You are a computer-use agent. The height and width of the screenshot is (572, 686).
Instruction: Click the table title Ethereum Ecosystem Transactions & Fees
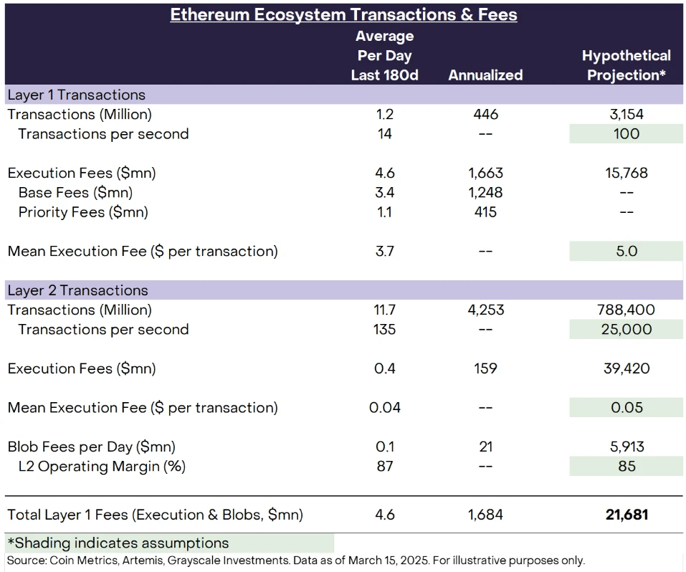click(x=343, y=14)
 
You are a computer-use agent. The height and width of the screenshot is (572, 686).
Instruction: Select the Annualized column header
click(x=485, y=75)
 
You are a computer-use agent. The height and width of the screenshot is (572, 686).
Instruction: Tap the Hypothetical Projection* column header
click(x=626, y=65)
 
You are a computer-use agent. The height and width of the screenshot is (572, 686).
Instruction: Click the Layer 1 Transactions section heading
click(x=77, y=95)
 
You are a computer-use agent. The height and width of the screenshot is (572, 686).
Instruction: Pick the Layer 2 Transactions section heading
click(x=78, y=290)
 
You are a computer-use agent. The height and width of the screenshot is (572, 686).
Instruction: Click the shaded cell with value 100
click(x=627, y=134)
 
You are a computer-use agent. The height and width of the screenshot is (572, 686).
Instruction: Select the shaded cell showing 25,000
click(x=627, y=330)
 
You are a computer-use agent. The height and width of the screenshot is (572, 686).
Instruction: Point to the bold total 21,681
click(x=627, y=515)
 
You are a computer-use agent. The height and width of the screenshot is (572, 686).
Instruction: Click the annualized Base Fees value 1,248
click(x=485, y=192)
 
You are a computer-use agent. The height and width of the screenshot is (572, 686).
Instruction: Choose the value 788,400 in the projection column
click(x=627, y=310)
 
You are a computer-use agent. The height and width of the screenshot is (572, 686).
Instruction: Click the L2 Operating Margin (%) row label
click(x=102, y=467)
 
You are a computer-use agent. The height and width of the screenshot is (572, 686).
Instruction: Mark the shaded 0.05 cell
click(x=627, y=408)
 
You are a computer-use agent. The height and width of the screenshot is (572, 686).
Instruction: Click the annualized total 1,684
click(x=485, y=515)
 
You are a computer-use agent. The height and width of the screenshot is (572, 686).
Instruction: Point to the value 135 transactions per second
click(x=384, y=330)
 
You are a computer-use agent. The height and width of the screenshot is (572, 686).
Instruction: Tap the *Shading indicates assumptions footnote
click(x=118, y=543)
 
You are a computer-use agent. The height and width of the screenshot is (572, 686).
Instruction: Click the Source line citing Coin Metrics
click(x=295, y=560)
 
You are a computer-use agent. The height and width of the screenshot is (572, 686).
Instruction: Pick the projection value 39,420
click(x=627, y=368)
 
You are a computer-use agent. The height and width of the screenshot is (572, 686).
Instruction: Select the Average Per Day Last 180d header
click(x=384, y=55)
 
